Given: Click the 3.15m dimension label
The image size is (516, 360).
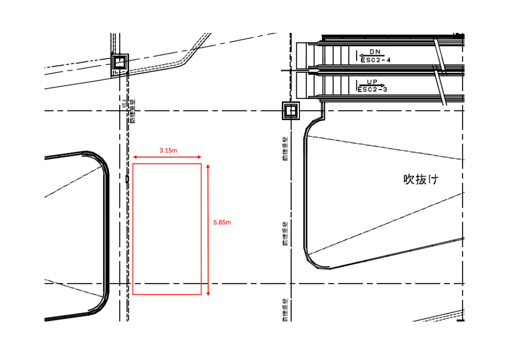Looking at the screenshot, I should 167,150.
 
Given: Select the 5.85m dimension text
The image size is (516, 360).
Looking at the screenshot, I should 222,223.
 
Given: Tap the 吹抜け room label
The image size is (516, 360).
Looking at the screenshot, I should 420,180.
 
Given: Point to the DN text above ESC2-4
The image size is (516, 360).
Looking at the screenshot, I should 375,51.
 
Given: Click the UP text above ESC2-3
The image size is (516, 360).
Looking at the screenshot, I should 372,82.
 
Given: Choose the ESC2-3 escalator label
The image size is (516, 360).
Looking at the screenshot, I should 372,90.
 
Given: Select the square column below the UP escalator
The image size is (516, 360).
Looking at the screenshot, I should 291,111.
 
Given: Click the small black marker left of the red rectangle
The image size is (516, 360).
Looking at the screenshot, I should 127,179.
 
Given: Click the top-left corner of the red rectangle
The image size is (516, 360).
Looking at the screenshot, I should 133,164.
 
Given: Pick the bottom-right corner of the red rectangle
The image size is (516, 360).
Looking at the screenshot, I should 201,295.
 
